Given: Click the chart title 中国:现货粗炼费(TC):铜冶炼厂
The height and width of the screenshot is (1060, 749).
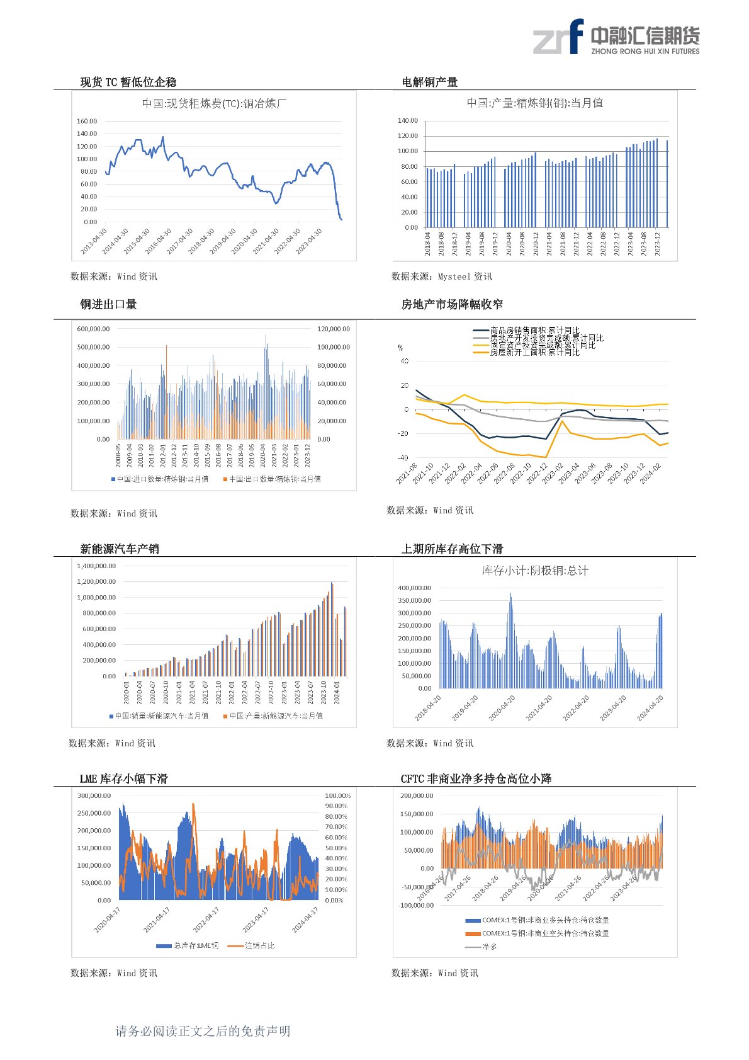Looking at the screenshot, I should [214, 104].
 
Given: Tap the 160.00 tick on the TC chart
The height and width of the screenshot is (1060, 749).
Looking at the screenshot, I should [87, 121].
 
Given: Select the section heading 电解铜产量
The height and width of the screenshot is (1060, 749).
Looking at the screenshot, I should [429, 82].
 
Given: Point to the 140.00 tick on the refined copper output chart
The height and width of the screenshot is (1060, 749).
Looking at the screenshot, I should [407, 120].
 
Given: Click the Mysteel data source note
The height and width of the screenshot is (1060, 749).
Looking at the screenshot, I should [441, 276].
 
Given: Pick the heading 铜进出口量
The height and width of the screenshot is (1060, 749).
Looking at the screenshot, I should [108, 304].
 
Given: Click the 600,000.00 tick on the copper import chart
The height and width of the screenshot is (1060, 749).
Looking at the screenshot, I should [93, 329].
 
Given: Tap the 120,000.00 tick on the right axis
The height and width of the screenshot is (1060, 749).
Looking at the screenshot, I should [334, 329].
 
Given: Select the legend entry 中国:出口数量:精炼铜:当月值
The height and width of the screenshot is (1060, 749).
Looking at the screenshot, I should [272, 479].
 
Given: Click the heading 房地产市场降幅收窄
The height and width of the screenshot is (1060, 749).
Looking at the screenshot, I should [452, 304].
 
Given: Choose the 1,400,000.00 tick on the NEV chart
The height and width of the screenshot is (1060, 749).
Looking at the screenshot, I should [96, 566].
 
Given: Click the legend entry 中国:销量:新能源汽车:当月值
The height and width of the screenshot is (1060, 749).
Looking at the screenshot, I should [159, 716].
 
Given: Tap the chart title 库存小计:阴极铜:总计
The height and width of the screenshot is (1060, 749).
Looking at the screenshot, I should [535, 571].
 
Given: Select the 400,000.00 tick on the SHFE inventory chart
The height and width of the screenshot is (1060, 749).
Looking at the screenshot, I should [414, 588].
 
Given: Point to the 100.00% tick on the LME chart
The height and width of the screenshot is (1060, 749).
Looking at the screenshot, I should [337, 796].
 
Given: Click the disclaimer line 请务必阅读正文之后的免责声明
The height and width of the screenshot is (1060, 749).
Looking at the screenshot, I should [203, 1031].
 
